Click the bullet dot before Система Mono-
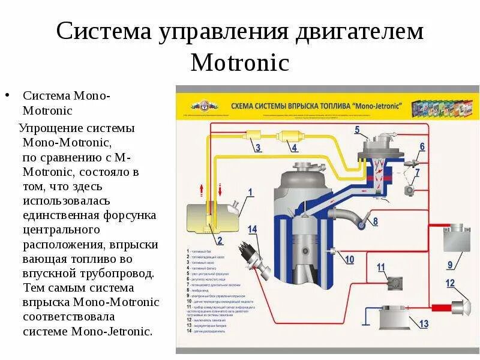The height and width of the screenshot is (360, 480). pos(7,96)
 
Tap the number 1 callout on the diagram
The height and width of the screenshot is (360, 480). pos(250,193)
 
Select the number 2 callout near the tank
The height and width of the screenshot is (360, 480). pos(220,241)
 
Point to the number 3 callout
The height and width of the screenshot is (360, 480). pos(258,148)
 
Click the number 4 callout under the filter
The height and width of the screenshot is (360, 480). pos(294,148)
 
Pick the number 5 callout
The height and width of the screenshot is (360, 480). pos(357,130)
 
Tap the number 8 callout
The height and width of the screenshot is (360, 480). pos(375,221)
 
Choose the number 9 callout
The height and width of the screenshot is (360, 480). pos(450,265)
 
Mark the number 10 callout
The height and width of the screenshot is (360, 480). pos(349,259)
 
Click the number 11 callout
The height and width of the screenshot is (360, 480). pos(381,267)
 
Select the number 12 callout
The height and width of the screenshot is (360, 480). pos(450,283)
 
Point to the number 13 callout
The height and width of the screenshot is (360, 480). pos(424,324)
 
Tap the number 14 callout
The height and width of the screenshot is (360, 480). pos(252,229)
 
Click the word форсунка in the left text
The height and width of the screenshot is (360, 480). pos(130,215)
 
